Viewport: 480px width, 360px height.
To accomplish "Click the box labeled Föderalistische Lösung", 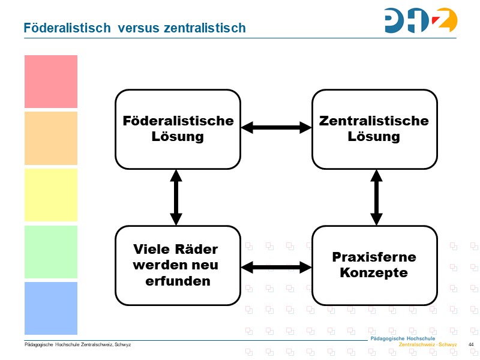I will [x=178, y=129].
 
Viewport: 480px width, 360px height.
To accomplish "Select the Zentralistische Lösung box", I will [x=374, y=129].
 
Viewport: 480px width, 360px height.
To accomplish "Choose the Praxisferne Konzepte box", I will [x=374, y=265].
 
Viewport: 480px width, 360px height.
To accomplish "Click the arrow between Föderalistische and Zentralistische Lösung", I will [x=276, y=127].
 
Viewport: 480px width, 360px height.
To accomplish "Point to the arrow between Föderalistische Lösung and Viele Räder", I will [x=176, y=197].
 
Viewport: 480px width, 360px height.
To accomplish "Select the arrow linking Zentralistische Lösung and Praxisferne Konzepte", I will [x=376, y=197].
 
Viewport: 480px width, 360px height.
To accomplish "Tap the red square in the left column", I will [x=51, y=82].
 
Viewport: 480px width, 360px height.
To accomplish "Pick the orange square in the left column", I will [x=51, y=138].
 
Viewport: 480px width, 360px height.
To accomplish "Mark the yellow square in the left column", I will [x=51, y=195].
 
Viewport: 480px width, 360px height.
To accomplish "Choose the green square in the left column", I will [x=51, y=251].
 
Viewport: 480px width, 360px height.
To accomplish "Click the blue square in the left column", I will [x=51, y=308].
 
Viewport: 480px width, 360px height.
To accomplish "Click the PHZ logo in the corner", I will [x=421, y=20].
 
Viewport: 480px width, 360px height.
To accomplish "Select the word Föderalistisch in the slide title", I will [x=67, y=28].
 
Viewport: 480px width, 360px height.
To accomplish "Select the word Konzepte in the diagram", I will [x=374, y=273].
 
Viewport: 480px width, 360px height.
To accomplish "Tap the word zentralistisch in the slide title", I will [x=205, y=28].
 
